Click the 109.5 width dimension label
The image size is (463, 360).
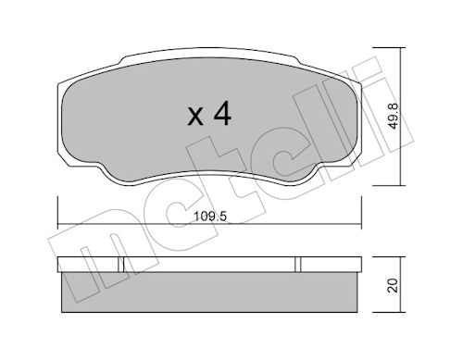[210, 217]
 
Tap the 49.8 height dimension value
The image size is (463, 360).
[394, 117]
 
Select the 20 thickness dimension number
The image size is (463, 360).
[393, 285]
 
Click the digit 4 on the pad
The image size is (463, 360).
[222, 113]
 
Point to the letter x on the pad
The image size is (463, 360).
[195, 117]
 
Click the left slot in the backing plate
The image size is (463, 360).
[120, 265]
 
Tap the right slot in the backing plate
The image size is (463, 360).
[298, 265]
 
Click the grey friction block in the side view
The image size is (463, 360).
[209, 292]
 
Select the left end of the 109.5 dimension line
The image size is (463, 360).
[58, 224]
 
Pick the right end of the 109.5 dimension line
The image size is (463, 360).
[361, 224]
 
